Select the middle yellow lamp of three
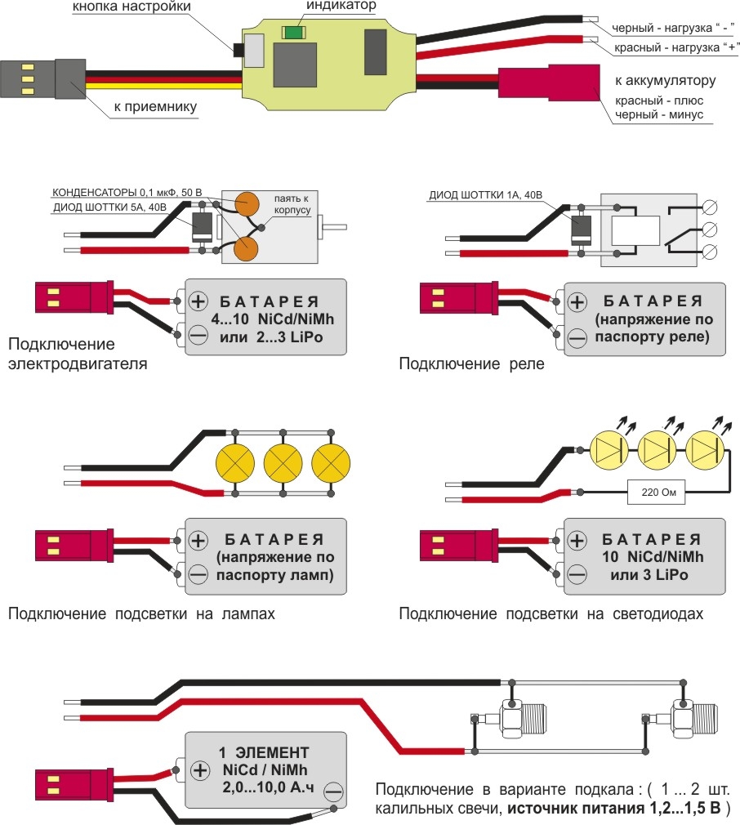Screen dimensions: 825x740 [x=283, y=464]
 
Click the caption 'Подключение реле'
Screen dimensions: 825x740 [x=471, y=364]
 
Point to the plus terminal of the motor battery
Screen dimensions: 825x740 [x=198, y=300]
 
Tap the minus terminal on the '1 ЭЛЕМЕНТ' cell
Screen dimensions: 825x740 [x=332, y=791]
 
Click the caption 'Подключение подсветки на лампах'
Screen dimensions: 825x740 [x=141, y=613]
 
